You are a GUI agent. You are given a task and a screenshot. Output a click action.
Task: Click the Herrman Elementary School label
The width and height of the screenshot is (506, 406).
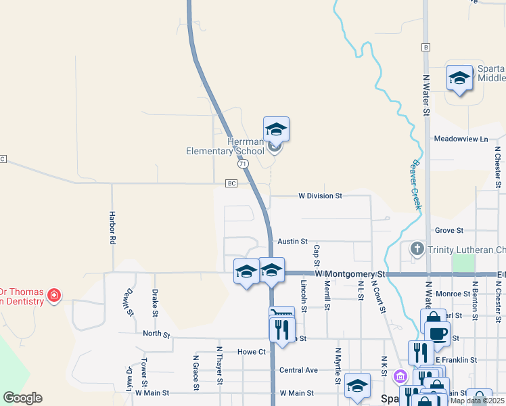coord(225,146)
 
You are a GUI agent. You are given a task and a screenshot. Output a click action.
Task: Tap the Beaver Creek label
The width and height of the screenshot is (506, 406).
coord(415,184)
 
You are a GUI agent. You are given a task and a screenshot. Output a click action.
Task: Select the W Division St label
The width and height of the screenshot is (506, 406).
coord(321,196)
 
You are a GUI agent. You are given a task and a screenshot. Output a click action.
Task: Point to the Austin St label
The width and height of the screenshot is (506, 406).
coord(292,241)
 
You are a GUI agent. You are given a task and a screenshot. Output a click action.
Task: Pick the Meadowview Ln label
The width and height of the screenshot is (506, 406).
coord(460,139)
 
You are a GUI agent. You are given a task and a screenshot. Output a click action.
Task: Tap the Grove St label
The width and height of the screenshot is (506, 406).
coord(448,231)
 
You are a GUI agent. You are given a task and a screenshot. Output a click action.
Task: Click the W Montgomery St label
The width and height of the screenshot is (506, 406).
coord(350,274)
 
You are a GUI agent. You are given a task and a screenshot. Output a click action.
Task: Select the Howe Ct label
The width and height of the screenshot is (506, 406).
coord(250,352)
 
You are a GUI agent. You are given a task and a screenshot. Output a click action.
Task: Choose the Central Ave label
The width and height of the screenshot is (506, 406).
coord(298,370)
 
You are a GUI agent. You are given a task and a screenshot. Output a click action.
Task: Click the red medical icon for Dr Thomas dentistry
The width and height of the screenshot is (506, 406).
coord(53,296)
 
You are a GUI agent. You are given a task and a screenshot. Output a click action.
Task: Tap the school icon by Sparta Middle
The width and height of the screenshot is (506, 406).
coord(459,78)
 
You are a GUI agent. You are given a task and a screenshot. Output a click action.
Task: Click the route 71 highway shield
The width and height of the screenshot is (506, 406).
coord(243,164)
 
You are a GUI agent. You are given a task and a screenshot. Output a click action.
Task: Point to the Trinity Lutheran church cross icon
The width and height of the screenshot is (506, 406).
coord(417,250)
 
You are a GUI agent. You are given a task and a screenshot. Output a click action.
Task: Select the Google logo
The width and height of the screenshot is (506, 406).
coord(22,398)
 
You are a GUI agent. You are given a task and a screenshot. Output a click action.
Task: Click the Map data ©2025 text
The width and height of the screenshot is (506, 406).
coord(476,401)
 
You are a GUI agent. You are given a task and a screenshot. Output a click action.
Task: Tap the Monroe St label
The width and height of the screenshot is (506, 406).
coord(453,294)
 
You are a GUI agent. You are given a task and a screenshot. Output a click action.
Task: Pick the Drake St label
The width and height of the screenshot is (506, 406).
coord(155,302)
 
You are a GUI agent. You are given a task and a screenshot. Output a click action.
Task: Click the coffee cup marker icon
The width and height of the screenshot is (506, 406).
coord(437,333)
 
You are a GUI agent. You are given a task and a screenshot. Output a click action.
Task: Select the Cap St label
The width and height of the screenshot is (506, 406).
coord(316,255)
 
